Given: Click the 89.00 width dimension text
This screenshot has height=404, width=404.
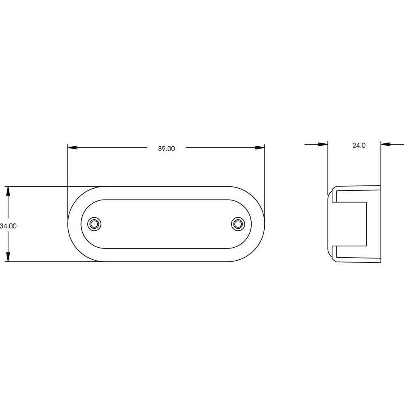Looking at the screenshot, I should click(x=166, y=149).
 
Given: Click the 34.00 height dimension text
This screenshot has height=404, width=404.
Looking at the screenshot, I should click(x=8, y=226).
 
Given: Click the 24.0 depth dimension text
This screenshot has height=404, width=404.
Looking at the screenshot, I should click(x=359, y=145).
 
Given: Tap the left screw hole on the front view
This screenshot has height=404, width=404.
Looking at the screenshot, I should click(x=95, y=223).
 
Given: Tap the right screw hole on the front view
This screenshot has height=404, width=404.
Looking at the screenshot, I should click(x=238, y=223).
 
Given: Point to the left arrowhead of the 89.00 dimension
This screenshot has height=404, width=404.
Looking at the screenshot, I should click(x=72, y=148).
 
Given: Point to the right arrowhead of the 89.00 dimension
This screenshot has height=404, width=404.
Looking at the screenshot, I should click(x=260, y=148).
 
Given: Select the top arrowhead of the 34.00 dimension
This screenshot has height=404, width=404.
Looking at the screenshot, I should click(x=8, y=191).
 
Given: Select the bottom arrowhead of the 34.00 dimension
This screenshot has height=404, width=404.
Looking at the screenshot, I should click(x=8, y=257).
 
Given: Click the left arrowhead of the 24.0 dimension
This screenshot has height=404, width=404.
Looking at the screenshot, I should click(x=323, y=144).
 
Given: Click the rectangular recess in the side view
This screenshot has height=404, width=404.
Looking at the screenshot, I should click(x=351, y=223).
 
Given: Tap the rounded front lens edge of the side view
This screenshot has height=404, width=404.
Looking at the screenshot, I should click(x=329, y=224).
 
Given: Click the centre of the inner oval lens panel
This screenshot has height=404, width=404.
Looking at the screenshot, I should click(x=166, y=223).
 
